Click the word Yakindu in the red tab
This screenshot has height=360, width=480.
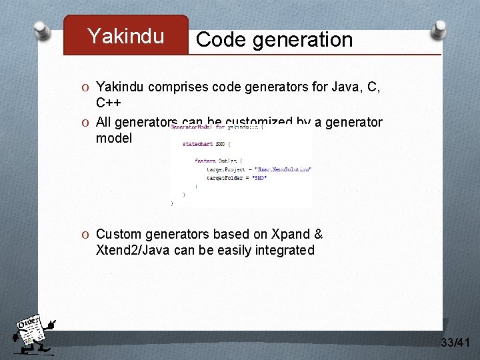point(125,36)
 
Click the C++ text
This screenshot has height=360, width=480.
point(109,103)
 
